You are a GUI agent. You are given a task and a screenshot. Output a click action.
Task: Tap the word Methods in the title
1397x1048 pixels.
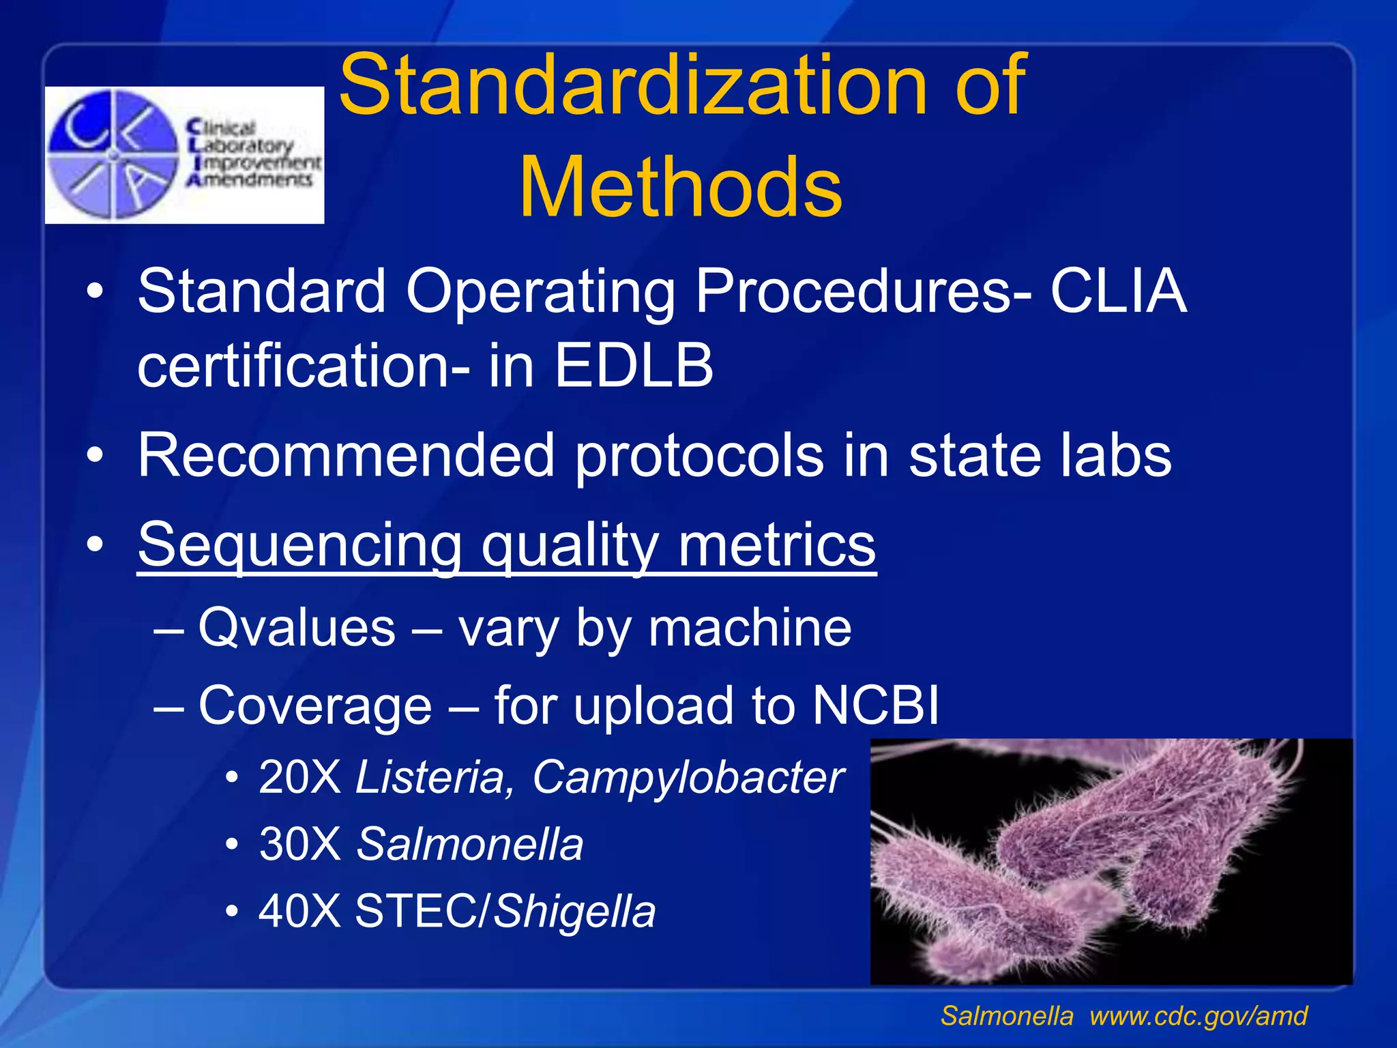pyautogui.click(x=681, y=188)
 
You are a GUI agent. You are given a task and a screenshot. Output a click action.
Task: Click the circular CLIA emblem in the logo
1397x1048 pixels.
pyautogui.click(x=113, y=155)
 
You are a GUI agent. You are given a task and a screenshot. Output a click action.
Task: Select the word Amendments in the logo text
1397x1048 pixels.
pyautogui.click(x=250, y=180)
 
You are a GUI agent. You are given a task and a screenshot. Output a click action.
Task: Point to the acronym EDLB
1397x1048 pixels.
pyautogui.click(x=633, y=366)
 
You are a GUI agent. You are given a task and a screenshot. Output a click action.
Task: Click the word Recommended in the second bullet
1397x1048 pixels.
pyautogui.click(x=345, y=455)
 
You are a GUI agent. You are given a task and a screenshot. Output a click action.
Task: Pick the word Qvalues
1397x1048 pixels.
pyautogui.click(x=297, y=627)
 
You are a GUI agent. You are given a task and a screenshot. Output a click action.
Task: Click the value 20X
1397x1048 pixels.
pyautogui.click(x=299, y=777)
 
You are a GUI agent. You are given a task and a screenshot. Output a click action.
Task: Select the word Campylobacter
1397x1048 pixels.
pyautogui.click(x=688, y=777)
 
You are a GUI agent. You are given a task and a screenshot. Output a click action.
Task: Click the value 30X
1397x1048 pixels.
pyautogui.click(x=299, y=844)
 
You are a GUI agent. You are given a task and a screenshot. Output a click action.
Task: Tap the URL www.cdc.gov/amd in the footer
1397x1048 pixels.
pyautogui.click(x=1198, y=1016)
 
